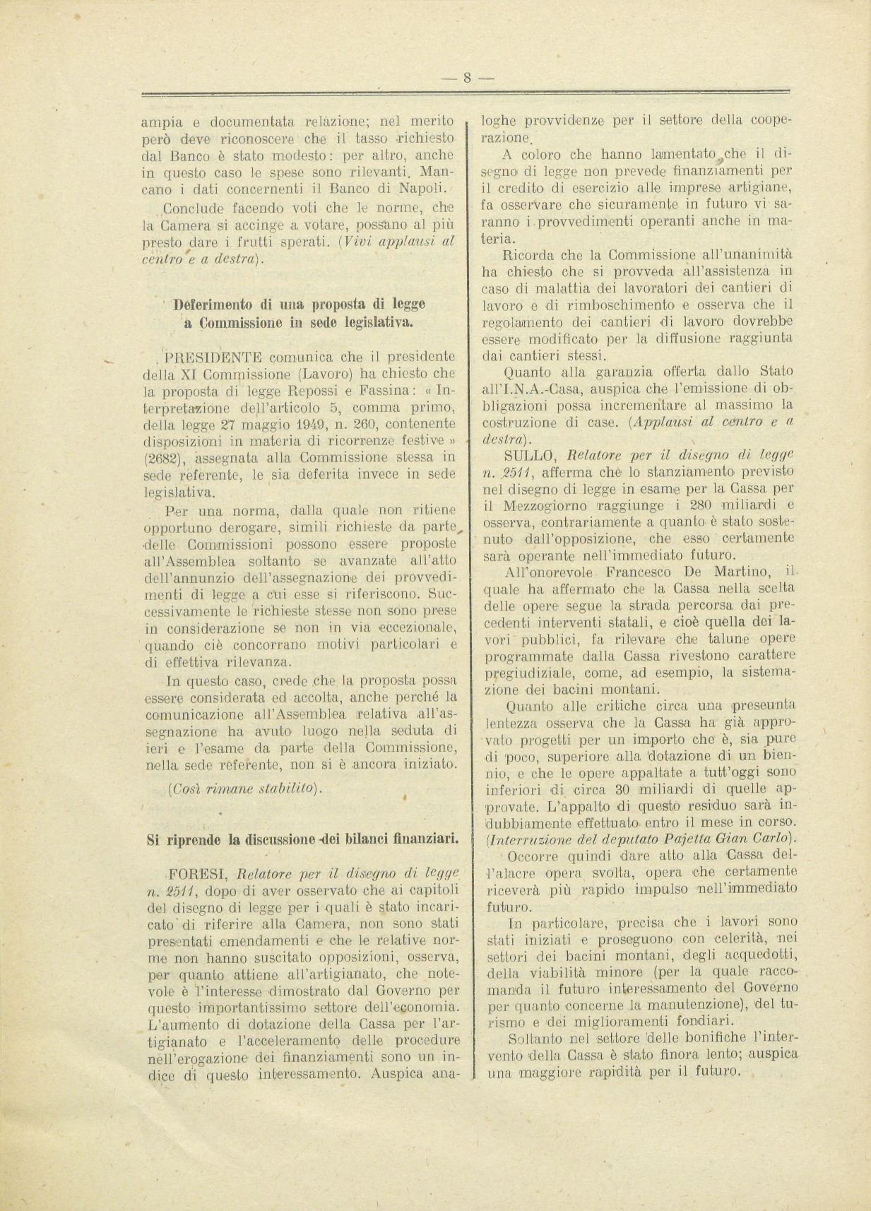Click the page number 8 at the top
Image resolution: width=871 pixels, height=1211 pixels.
point(466,78)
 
